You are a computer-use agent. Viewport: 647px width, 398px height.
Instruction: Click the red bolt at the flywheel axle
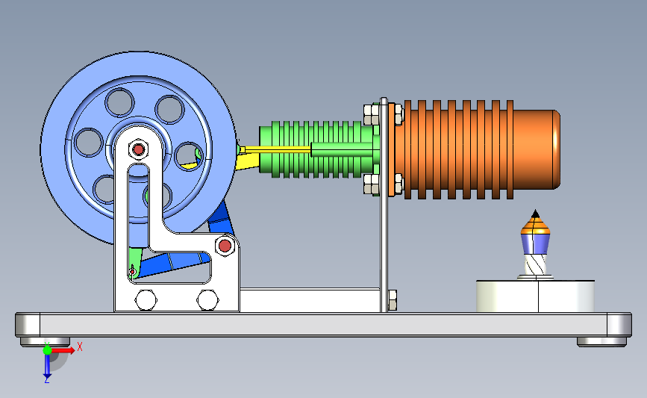click(138, 149)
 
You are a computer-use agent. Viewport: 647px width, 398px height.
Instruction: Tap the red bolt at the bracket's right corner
click(225, 246)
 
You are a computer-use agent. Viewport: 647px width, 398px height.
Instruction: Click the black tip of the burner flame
click(535, 214)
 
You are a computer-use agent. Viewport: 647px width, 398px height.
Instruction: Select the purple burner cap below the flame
click(535, 243)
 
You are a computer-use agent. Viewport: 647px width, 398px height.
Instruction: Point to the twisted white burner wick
click(535, 264)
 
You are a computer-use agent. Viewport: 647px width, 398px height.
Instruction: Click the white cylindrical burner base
click(535, 296)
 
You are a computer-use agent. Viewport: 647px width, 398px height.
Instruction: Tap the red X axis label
click(80, 346)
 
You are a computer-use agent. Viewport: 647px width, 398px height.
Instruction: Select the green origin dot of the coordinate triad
click(47, 350)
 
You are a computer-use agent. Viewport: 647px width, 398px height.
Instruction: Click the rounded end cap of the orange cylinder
click(556, 149)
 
